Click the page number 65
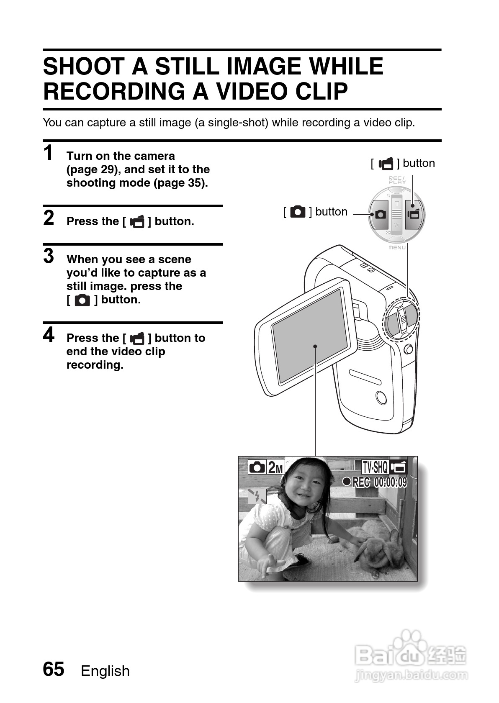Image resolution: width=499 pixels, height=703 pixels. [x=54, y=669]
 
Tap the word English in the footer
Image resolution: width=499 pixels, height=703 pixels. [x=105, y=671]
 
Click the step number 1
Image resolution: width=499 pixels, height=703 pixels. [x=49, y=153]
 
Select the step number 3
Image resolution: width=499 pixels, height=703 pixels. [x=49, y=256]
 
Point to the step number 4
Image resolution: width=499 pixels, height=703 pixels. [x=49, y=335]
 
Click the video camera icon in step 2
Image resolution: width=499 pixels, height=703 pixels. [x=137, y=221]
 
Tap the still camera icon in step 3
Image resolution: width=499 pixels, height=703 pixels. [x=82, y=300]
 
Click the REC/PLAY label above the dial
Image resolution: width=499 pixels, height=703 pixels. [x=397, y=180]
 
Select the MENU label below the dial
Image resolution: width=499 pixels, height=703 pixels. [x=397, y=247]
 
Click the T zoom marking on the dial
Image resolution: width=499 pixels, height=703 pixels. [x=397, y=203]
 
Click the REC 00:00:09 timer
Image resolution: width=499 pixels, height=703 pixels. [x=375, y=482]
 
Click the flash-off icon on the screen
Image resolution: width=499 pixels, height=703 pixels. [x=257, y=497]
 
